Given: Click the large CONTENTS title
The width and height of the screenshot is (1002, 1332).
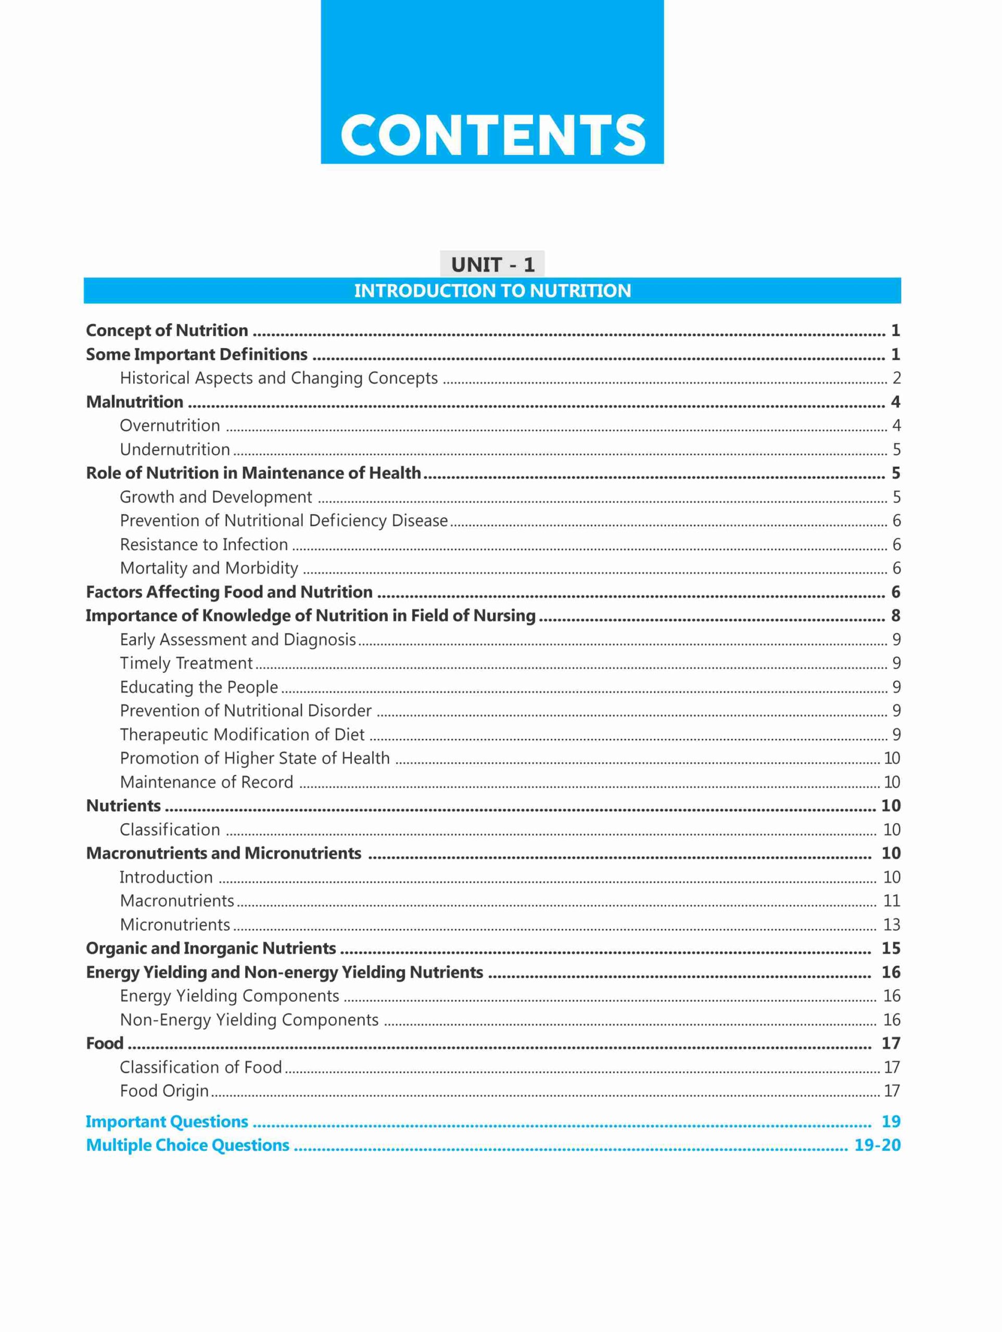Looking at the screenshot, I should click(492, 135).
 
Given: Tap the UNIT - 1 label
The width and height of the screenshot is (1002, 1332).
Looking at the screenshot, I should click(492, 264).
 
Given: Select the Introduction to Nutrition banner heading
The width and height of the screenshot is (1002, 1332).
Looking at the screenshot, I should click(492, 291).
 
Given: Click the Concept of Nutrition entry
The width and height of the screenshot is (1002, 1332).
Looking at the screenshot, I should click(167, 330).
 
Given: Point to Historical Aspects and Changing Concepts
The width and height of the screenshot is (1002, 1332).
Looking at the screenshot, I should click(278, 378).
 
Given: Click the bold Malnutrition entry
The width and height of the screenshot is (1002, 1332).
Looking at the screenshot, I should click(134, 402).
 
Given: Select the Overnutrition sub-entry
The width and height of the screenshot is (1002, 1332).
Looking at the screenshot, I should click(170, 426).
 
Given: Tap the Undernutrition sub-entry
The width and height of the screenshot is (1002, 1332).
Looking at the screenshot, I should click(175, 449).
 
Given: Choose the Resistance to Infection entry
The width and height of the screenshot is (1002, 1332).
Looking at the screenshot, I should click(204, 544).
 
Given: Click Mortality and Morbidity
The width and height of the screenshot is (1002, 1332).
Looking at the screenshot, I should click(209, 568).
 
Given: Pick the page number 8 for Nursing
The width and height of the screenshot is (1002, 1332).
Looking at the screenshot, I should click(895, 616).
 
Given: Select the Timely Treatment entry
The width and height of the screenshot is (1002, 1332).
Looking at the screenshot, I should click(186, 663).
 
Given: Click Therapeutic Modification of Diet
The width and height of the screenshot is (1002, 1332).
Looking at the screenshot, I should click(242, 735).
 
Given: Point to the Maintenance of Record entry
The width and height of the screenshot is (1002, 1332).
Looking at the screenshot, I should click(207, 782).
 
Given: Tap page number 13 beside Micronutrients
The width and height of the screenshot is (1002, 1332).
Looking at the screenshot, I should click(891, 924).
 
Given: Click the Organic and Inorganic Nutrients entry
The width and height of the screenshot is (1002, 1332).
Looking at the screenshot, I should click(211, 949).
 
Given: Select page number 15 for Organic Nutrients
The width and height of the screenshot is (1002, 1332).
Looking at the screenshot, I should click(891, 949).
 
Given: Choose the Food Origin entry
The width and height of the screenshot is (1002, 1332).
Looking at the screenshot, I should click(164, 1091).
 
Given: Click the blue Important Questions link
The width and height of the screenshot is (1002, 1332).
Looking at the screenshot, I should click(167, 1121).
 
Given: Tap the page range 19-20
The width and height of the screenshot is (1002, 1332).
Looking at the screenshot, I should click(877, 1145).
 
